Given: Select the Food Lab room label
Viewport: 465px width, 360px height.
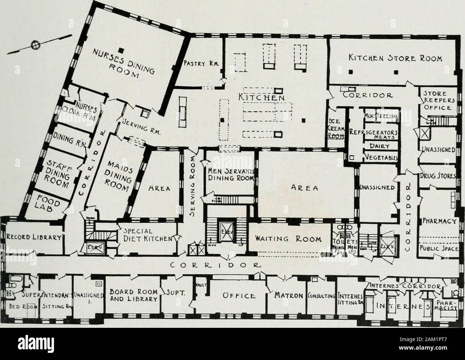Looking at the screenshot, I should coord(49,205).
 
